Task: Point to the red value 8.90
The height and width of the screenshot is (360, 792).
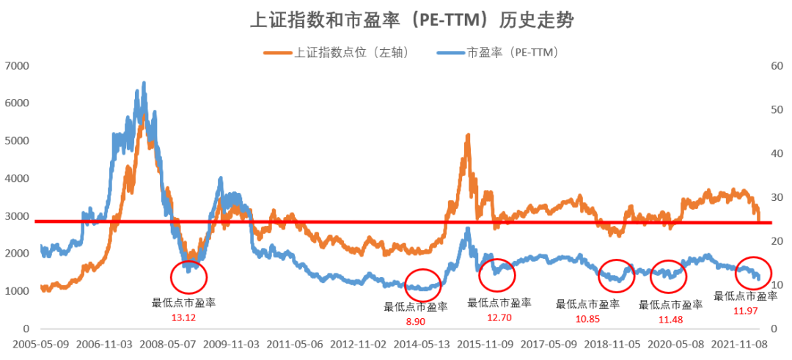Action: pos(415,321)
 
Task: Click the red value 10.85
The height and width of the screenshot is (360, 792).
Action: pos(587,318)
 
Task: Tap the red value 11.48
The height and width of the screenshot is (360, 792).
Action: pos(670,318)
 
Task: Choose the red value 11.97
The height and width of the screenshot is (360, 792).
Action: pos(745,311)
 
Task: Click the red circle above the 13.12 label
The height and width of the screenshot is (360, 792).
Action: pos(188,276)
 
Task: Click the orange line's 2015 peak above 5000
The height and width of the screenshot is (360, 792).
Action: pos(467,136)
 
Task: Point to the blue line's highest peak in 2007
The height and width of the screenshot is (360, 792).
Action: pos(144,83)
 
